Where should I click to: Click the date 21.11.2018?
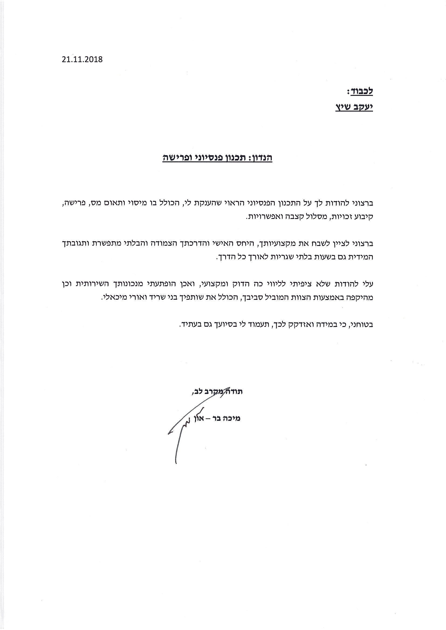(82, 59)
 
